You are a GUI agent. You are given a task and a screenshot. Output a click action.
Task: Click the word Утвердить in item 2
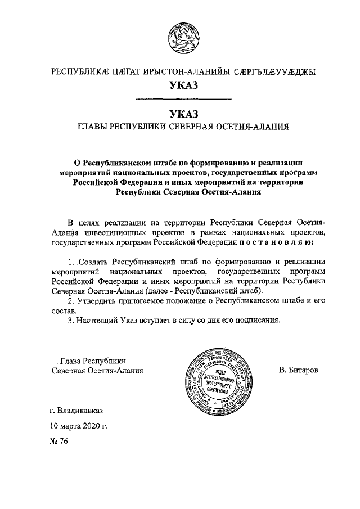96,301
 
